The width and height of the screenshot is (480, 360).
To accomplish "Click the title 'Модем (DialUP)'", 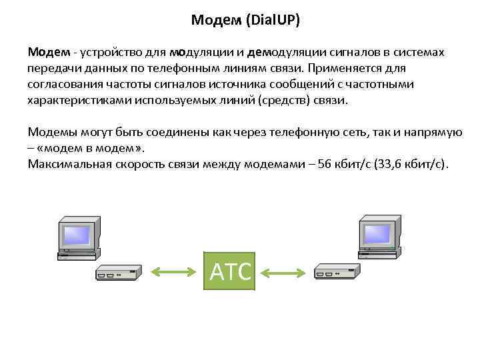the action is click(245, 20).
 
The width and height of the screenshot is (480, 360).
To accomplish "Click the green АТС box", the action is click(229, 271).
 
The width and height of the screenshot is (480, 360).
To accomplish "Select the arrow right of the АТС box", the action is click(283, 273).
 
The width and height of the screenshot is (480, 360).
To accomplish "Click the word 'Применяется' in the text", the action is click(341, 68).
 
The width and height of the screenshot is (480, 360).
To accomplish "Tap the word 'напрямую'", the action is click(435, 132).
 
